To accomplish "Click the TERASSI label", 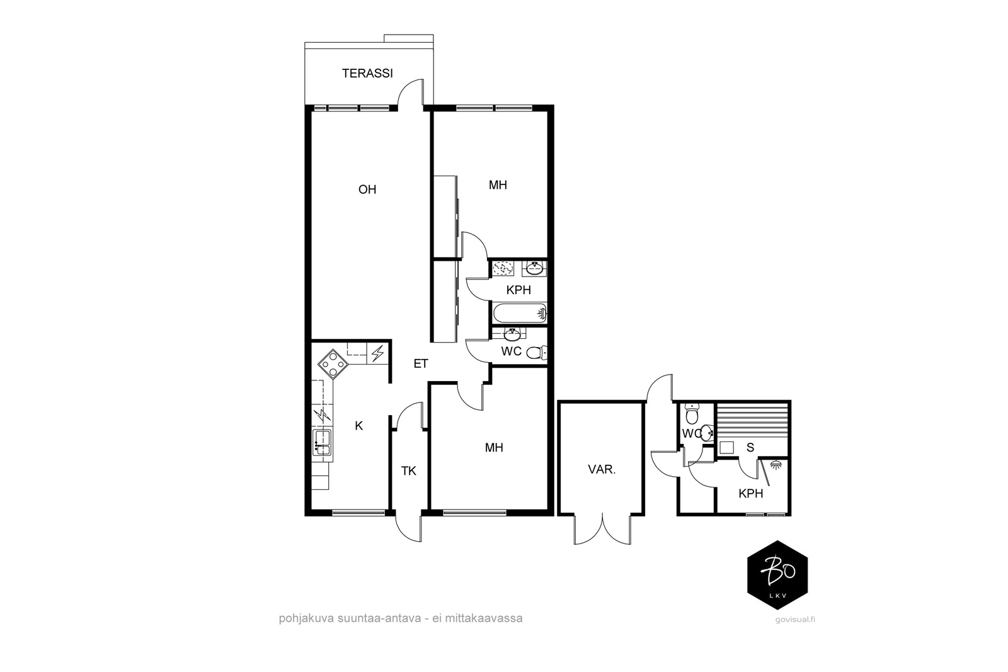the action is [367, 73].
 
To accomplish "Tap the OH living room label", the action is [367, 190].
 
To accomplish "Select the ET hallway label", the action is [421, 363].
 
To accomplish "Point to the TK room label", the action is [409, 471].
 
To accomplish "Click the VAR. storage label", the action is [602, 470].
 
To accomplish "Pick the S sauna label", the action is [750, 448].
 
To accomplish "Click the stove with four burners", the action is [333, 364].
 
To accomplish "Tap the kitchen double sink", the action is [322, 443].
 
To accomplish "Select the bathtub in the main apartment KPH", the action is [520, 313].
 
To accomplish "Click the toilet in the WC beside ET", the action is [536, 353].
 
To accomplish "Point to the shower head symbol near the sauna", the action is [775, 464].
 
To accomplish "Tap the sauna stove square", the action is [726, 448].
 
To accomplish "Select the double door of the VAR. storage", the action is [602, 530].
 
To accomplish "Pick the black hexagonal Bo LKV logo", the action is [777, 575].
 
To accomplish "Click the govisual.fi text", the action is [795, 619].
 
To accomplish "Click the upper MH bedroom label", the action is [498, 185].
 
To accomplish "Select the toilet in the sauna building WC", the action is [692, 413].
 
